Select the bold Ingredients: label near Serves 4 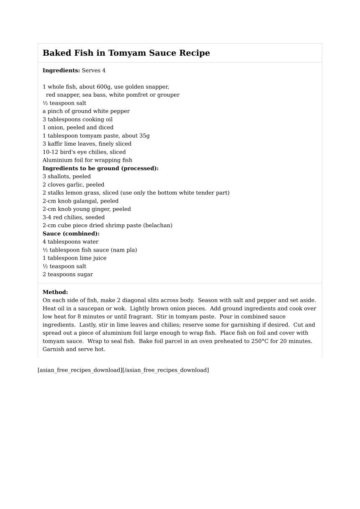tap(61, 70)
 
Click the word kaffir tap(57, 144)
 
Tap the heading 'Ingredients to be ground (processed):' tap(100, 168)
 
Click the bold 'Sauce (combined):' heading tap(71, 234)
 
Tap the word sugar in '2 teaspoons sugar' tap(85, 275)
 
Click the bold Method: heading tap(55, 292)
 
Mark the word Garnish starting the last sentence tap(54, 349)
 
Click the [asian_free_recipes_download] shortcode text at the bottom tap(80, 370)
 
